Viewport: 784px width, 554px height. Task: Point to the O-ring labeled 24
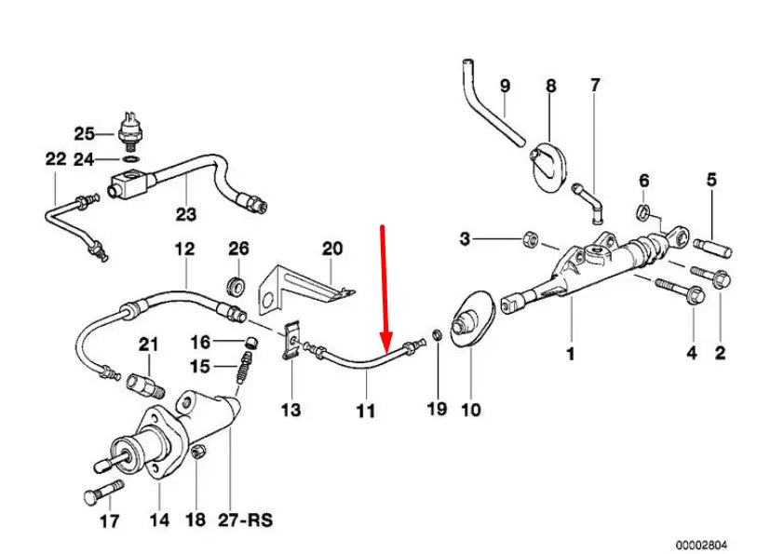129,159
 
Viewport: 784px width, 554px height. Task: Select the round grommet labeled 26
237,283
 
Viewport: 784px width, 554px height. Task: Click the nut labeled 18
197,453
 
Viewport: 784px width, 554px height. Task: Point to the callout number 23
186,215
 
